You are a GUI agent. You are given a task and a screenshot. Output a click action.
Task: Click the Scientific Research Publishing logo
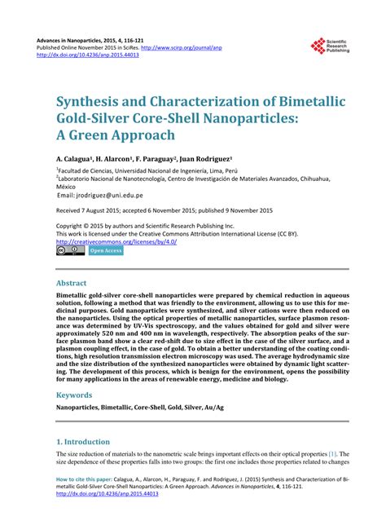(328, 46)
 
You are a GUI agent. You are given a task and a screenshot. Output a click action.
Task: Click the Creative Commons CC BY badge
(70, 251)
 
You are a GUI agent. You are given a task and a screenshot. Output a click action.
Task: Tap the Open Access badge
(106, 251)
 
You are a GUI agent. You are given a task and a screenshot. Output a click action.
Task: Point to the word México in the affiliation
(68, 185)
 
